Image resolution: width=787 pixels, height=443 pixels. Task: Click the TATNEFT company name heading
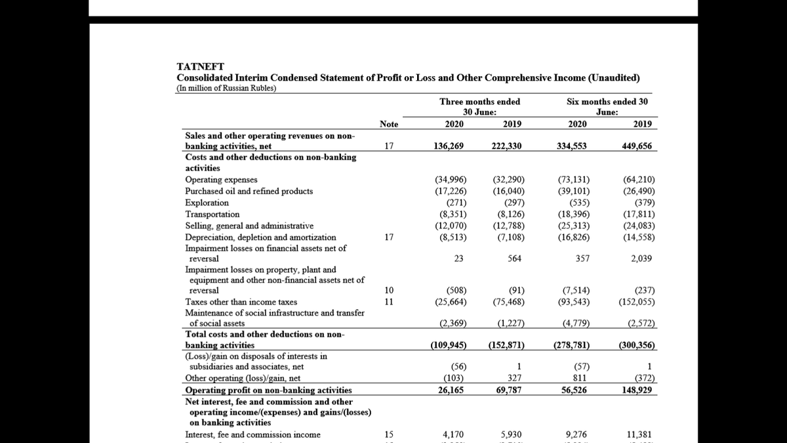pyautogui.click(x=201, y=66)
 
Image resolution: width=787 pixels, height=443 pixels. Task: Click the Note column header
pyautogui.click(x=389, y=125)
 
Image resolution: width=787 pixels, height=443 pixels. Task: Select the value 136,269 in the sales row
pyautogui.click(x=449, y=146)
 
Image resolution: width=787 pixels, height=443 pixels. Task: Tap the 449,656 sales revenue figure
pyautogui.click(x=636, y=146)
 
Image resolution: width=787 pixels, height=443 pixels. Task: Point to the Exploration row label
pyautogui.click(x=207, y=203)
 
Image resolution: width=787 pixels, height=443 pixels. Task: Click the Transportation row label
pyautogui.click(x=212, y=214)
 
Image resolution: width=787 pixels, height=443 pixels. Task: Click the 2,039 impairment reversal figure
pyautogui.click(x=641, y=259)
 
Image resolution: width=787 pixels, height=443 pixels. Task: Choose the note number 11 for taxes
pyautogui.click(x=389, y=302)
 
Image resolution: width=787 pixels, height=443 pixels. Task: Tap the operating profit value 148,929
pyautogui.click(x=636, y=390)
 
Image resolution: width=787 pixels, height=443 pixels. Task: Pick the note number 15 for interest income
pyautogui.click(x=389, y=434)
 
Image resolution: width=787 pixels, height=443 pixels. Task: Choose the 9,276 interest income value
pyautogui.click(x=577, y=434)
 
